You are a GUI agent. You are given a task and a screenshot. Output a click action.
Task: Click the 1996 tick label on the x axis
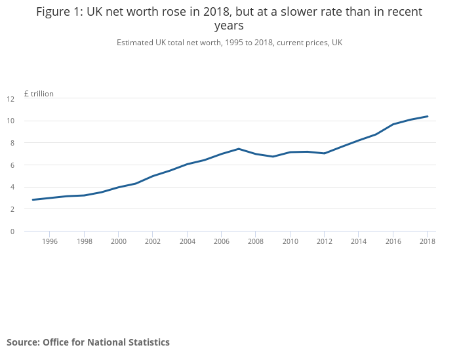(50, 241)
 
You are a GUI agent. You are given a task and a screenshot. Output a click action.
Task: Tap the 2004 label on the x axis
(187, 241)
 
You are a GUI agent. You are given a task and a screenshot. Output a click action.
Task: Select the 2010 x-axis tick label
(290, 241)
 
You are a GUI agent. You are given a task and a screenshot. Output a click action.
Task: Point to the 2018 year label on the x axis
(428, 241)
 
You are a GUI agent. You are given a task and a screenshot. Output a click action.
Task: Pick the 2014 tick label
(359, 241)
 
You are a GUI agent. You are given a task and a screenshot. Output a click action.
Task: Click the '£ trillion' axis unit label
(39, 94)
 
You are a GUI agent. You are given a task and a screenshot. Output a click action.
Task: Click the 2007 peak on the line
(239, 149)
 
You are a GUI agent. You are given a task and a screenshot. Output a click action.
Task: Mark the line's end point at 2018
(428, 116)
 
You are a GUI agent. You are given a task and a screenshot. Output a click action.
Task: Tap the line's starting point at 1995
(33, 199)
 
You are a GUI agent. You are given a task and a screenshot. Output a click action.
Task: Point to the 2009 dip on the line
(273, 157)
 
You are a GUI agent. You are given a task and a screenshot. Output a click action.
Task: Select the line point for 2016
(393, 125)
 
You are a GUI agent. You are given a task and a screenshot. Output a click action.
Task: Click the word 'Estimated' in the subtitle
(136, 43)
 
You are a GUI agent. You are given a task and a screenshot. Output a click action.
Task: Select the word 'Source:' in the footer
(23, 342)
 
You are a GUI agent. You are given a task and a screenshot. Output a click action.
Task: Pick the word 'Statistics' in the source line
(147, 342)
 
